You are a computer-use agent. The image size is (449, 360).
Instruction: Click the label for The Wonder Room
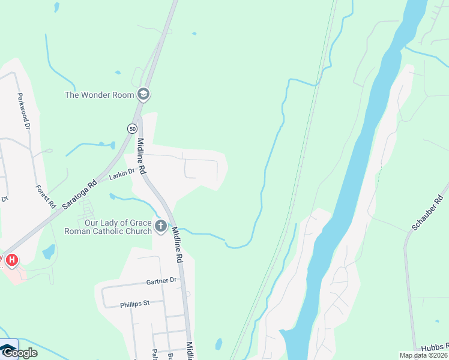click(100, 95)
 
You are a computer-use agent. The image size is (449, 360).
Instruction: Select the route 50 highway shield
click(132, 128)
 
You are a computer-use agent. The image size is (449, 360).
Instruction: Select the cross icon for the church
click(160, 227)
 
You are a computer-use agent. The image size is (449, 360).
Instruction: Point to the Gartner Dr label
click(161, 281)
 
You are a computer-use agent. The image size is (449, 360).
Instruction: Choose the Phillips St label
click(134, 304)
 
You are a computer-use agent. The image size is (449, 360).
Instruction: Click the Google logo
click(19, 353)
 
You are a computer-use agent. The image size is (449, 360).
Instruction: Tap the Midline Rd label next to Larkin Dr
click(142, 157)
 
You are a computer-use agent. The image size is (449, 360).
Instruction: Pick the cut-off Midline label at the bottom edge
click(190, 350)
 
